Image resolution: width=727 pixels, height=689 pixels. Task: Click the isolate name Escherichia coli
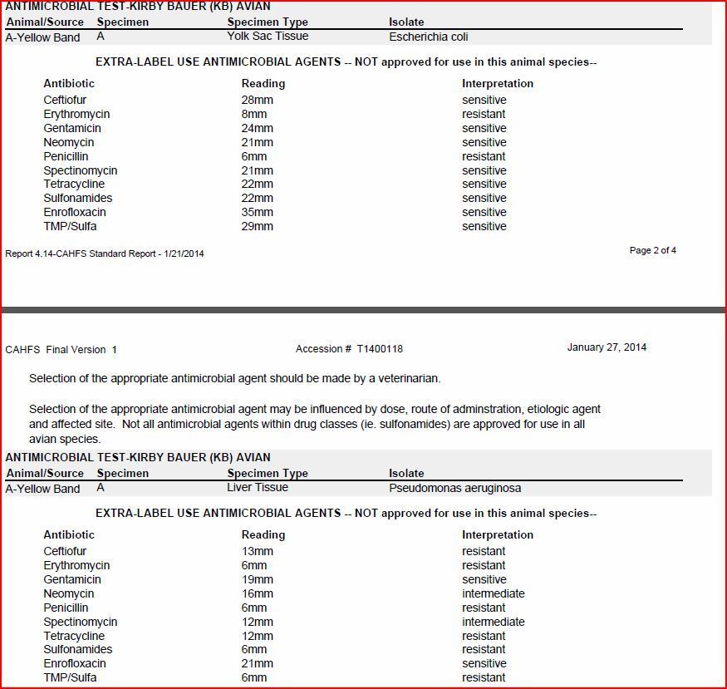[x=430, y=37]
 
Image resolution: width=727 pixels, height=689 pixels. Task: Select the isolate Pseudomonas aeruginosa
[x=454, y=488]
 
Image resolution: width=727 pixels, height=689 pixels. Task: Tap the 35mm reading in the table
[x=257, y=212]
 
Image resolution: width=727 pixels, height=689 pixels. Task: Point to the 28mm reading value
[x=257, y=100]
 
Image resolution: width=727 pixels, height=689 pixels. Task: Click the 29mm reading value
[x=257, y=226]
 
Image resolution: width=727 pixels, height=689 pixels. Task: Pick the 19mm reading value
[x=257, y=579]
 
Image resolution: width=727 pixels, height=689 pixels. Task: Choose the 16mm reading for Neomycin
[x=257, y=593]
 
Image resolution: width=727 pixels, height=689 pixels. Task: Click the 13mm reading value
[x=257, y=551]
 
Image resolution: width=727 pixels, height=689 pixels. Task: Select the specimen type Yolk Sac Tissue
[x=268, y=36]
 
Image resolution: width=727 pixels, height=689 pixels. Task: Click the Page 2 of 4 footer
[x=652, y=250]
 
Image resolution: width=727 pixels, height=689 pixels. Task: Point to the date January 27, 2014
[x=607, y=347]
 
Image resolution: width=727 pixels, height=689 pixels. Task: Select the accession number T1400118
[x=380, y=349]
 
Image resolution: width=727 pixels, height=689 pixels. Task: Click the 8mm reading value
[x=254, y=114]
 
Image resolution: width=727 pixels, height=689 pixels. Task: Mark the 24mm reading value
[x=257, y=128]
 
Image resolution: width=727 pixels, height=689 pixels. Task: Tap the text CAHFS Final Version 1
[x=61, y=350]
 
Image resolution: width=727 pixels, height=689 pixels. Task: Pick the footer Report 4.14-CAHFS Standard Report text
[x=104, y=253]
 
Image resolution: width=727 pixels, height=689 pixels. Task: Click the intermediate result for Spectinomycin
[x=493, y=622]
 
